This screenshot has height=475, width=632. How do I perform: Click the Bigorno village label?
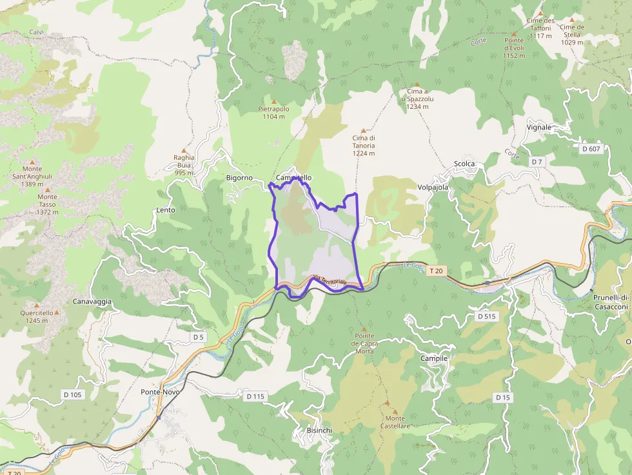point(239,177)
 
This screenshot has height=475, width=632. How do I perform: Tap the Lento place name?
point(165,210)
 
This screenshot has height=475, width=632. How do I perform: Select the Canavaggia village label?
point(92,302)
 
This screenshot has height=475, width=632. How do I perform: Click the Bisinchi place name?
point(319,430)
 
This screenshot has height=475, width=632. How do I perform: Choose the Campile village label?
point(433,358)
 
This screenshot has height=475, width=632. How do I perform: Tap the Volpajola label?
point(433,188)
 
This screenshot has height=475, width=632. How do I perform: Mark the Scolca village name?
point(464,164)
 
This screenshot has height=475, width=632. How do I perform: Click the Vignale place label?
point(539,127)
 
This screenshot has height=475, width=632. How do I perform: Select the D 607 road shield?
point(591,149)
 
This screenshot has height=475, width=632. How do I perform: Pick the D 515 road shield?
point(486,316)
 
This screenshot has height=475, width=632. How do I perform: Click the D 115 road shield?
point(255,396)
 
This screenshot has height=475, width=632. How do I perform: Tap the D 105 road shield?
point(73,394)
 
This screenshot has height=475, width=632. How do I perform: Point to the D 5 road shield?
point(198,337)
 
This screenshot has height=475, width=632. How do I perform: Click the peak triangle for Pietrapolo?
point(273,101)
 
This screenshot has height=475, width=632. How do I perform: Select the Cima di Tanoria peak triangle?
point(363,130)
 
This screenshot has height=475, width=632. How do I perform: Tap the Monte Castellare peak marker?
point(395,411)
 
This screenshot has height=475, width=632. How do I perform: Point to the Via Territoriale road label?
point(330,280)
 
